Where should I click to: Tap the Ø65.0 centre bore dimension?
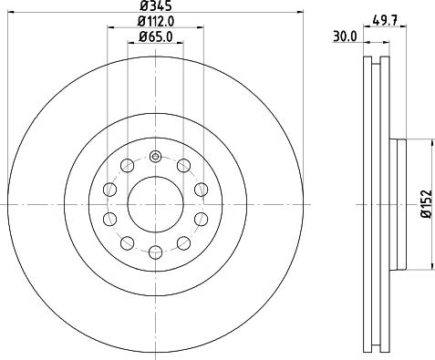coord(155,37)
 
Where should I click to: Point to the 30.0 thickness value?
coord(345,38)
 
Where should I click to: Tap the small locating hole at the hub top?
coord(155,158)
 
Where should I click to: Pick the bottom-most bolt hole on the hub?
coord(155,252)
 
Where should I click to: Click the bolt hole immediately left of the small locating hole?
coord(127,165)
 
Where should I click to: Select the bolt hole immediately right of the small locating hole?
coord(183,165)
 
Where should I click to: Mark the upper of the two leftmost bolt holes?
coord(110,189)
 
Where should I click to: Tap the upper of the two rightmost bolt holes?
coord(200,189)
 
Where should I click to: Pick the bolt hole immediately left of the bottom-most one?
coord(127,242)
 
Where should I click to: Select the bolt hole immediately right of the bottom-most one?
coord(183,242)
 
